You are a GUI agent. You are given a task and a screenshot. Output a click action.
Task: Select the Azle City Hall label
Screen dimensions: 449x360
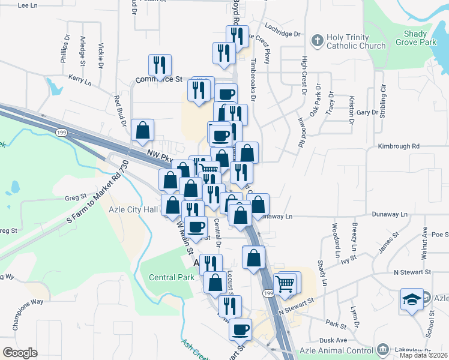point(133,209)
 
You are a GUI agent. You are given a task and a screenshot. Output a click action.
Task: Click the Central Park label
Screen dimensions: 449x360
point(172,277)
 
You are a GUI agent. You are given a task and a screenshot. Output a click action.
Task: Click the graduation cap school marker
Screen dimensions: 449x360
point(412,300)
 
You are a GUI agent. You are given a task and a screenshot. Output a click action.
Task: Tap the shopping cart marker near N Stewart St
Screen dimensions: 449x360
point(285,283)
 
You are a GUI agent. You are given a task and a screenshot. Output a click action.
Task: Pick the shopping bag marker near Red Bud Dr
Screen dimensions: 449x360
point(143,130)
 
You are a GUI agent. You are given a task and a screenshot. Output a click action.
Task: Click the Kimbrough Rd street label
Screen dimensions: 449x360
point(398,146)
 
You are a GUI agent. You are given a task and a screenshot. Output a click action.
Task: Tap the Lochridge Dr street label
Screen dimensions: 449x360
point(281,34)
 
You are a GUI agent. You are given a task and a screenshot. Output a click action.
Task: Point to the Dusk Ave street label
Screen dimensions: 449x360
point(333,340)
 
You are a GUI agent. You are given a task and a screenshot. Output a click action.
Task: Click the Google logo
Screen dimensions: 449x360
point(20,353)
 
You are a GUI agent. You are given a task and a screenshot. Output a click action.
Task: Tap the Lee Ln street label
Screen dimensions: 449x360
point(28,5)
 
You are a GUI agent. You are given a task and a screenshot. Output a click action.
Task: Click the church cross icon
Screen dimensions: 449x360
point(317,41)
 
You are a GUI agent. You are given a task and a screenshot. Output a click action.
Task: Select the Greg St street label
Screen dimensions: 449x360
point(76,196)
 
